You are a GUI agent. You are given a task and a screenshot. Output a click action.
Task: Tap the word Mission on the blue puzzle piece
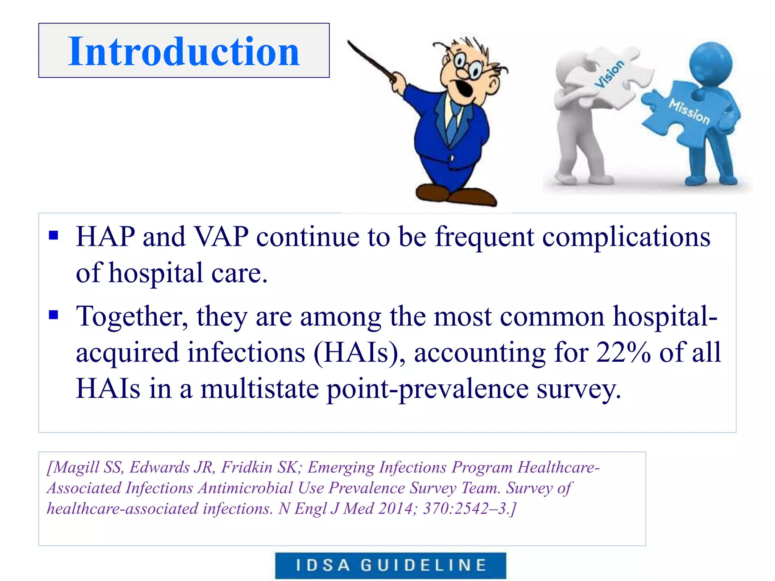689,111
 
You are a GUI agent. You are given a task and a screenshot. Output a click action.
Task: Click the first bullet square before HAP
54,236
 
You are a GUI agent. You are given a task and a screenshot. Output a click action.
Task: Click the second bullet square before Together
54,315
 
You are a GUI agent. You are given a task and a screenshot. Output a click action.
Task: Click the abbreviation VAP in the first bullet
221,237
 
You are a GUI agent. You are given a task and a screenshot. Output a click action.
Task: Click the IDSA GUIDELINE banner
391,565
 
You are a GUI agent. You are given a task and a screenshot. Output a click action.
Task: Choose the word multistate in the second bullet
260,389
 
